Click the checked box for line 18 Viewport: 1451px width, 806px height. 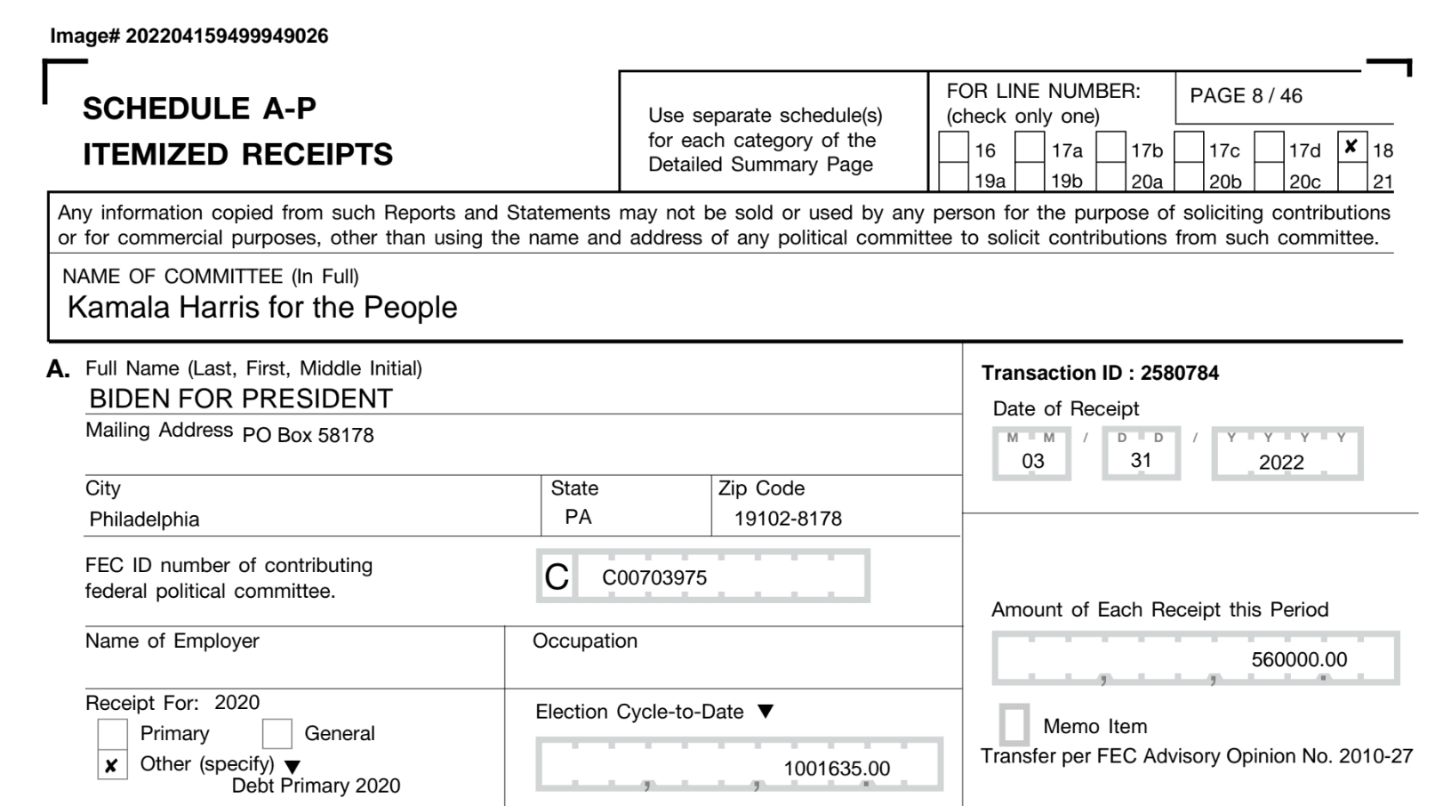click(1351, 148)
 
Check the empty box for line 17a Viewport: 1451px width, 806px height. click(1030, 148)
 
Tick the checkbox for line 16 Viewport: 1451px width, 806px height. click(953, 148)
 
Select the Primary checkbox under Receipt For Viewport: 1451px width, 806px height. click(112, 734)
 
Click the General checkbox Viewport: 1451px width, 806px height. click(277, 734)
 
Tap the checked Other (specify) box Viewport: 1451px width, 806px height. click(112, 765)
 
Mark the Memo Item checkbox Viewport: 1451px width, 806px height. click(1014, 725)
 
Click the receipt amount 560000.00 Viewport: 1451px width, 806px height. click(1298, 659)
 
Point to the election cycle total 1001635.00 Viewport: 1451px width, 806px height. click(836, 769)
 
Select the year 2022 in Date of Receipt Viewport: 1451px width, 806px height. click(1280, 462)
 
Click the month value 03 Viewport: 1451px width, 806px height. click(1032, 461)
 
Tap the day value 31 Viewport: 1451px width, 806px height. click(1141, 460)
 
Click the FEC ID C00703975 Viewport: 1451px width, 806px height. click(654, 577)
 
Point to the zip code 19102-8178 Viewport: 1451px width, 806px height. click(788, 519)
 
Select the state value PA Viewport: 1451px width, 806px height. click(578, 517)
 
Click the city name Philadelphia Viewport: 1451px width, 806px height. click(144, 519)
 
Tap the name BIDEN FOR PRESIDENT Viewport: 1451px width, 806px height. click(240, 399)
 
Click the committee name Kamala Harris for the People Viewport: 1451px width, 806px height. click(262, 307)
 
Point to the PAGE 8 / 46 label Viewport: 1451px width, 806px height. click(1246, 96)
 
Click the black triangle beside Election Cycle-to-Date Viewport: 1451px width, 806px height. click(766, 712)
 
